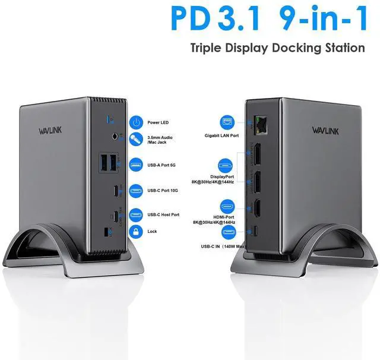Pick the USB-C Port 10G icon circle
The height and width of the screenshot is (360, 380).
(137, 190)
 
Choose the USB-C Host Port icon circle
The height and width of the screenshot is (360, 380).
(137, 214)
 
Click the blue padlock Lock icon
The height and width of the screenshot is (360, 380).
(137, 231)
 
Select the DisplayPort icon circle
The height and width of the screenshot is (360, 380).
(226, 166)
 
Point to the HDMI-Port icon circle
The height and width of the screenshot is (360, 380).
(226, 207)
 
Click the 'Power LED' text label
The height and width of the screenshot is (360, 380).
(157, 123)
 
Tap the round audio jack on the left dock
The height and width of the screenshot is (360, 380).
(115, 136)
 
